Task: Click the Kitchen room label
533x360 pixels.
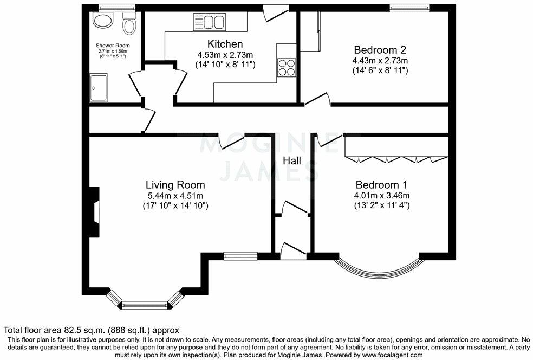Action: (225, 43)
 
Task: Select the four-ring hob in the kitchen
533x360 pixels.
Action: (287, 68)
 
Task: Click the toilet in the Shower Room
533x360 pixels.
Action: (129, 24)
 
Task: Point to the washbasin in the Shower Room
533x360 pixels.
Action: (102, 21)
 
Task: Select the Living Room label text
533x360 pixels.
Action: (175, 184)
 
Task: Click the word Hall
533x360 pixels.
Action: (292, 161)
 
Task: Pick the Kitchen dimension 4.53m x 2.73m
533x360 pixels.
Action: (225, 54)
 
